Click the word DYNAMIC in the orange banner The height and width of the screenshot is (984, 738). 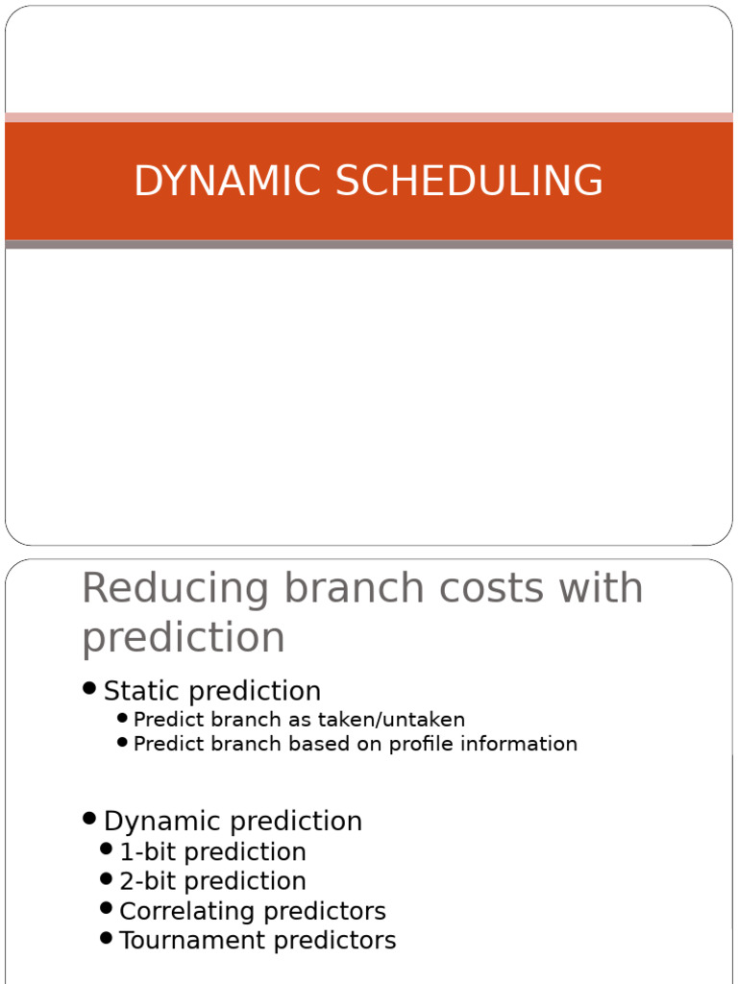(229, 180)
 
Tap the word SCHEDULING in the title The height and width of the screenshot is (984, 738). (469, 180)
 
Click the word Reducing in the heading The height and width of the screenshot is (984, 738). (176, 589)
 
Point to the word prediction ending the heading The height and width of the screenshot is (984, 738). (184, 638)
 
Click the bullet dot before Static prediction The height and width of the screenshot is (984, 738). (89, 688)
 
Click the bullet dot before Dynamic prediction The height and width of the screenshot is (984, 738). (89, 819)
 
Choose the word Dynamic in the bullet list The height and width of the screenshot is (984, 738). (163, 822)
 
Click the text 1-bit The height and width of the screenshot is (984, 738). (149, 851)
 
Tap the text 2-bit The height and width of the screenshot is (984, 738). (149, 881)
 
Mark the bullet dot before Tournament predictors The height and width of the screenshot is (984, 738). (106, 938)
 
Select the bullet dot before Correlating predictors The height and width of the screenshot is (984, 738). (106, 908)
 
